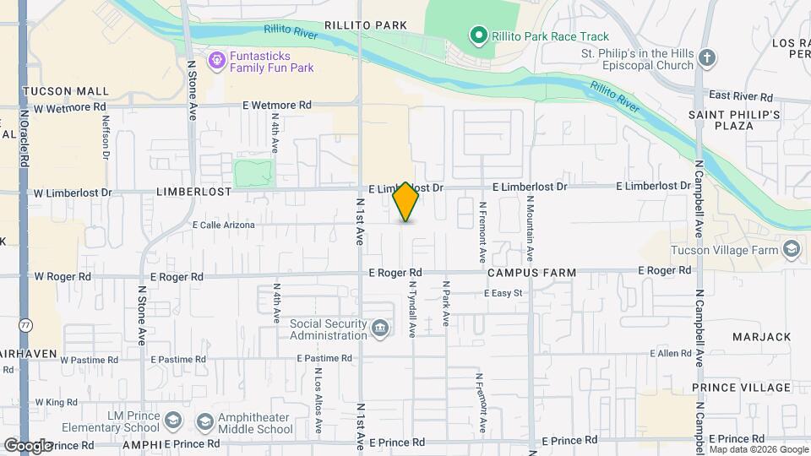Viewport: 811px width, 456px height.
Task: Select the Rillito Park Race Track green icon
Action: click(478, 35)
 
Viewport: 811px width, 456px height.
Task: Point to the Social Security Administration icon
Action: click(380, 328)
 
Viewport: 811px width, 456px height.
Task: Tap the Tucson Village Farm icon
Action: click(791, 249)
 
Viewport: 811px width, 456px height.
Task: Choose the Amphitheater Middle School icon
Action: click(204, 421)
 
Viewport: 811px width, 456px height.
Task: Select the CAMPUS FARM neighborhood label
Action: click(531, 274)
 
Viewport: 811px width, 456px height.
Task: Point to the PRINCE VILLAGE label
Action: click(741, 388)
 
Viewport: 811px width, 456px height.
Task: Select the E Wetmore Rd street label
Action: click(276, 106)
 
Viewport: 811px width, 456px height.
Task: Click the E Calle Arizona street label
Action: click(223, 225)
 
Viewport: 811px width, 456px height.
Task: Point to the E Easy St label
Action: click(503, 293)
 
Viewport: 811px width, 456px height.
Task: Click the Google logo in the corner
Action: click(28, 445)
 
